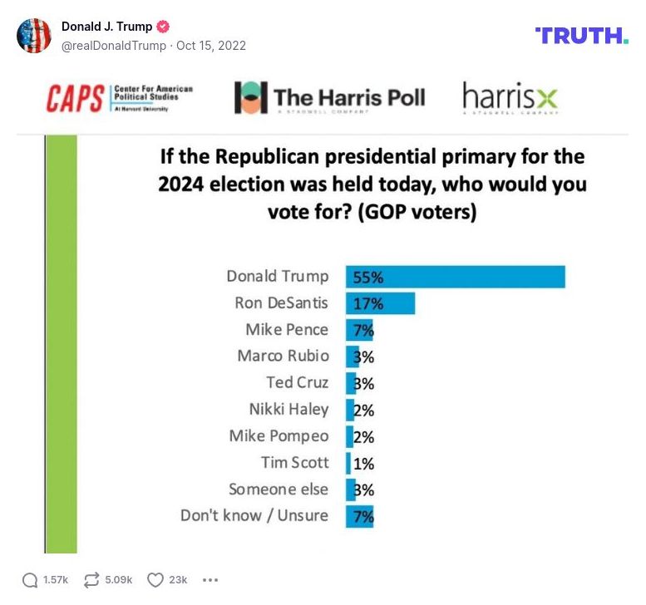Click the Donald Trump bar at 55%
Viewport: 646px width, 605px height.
click(456, 277)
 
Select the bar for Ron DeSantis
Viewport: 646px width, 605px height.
click(380, 303)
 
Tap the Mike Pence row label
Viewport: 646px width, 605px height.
click(287, 330)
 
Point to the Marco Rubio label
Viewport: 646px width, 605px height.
click(283, 357)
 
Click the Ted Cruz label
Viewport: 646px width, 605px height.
click(297, 383)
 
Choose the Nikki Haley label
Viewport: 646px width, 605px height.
click(288, 410)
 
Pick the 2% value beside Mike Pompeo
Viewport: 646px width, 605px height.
click(363, 436)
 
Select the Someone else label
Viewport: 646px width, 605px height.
click(279, 489)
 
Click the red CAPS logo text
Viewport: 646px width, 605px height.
click(76, 98)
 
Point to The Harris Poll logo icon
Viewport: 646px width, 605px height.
click(250, 98)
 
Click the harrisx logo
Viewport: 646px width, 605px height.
click(510, 98)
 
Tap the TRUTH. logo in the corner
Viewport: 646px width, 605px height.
click(581, 35)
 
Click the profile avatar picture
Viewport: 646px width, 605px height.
click(34, 35)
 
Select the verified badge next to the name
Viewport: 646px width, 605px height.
click(164, 27)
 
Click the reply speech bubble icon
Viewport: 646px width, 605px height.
click(30, 579)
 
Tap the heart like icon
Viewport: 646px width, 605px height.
click(155, 579)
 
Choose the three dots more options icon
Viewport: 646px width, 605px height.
click(210, 579)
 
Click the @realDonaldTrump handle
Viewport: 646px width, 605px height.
click(114, 46)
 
